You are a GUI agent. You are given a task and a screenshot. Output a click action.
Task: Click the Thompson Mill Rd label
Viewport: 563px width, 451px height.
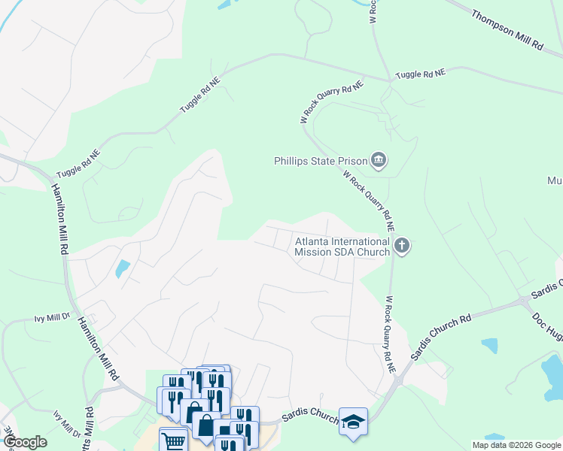507,30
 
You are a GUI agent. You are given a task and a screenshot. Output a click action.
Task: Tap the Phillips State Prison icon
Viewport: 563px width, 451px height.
379,160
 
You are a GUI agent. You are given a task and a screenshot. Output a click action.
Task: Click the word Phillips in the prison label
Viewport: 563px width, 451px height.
295,160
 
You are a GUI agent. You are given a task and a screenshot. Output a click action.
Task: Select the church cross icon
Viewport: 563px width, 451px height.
403,246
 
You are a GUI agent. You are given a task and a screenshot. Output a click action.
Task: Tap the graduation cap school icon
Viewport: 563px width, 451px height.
353,422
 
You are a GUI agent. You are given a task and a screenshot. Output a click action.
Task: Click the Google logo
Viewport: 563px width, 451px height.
24,442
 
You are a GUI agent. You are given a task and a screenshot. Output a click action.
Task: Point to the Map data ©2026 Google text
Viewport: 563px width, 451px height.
516,445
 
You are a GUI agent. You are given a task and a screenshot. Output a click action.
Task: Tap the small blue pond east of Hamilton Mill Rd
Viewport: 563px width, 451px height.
122,268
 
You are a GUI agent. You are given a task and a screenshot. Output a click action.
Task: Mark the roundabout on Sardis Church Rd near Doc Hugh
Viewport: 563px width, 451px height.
523,302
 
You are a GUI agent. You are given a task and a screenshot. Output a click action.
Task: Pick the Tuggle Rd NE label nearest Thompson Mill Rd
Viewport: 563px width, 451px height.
421,73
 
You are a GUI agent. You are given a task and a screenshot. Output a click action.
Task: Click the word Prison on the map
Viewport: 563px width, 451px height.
351,160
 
